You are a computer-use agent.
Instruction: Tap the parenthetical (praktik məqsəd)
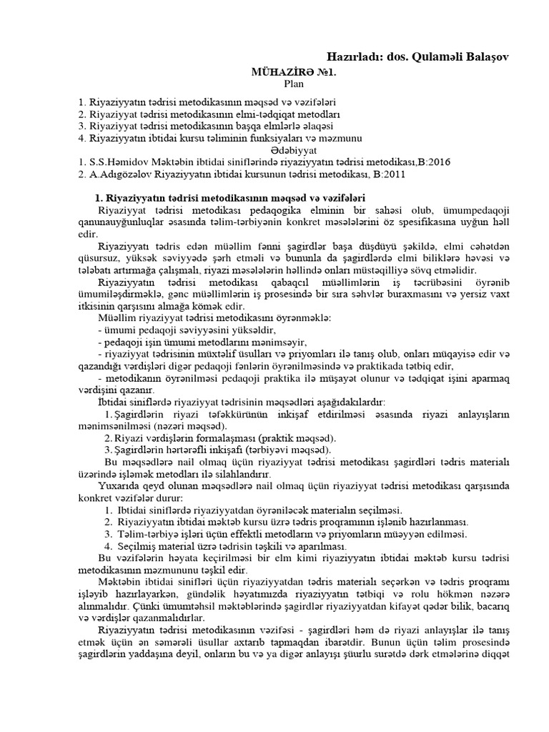click(x=294, y=437)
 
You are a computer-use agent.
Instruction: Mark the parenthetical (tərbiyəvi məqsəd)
click(x=290, y=450)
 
